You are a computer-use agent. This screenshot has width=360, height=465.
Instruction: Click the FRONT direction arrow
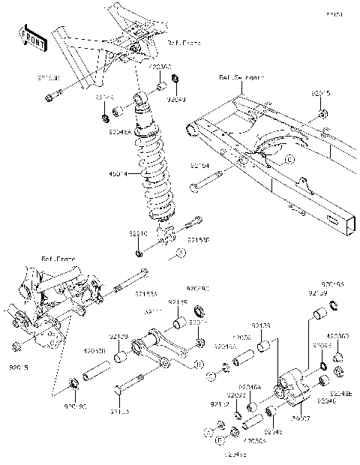34,37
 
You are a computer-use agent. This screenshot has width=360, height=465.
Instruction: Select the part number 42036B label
94,350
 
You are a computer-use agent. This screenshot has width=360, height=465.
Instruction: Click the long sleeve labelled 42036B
91,370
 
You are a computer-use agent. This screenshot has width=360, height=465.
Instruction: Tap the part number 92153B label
198,241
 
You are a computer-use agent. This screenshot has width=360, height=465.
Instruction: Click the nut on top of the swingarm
321,114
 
